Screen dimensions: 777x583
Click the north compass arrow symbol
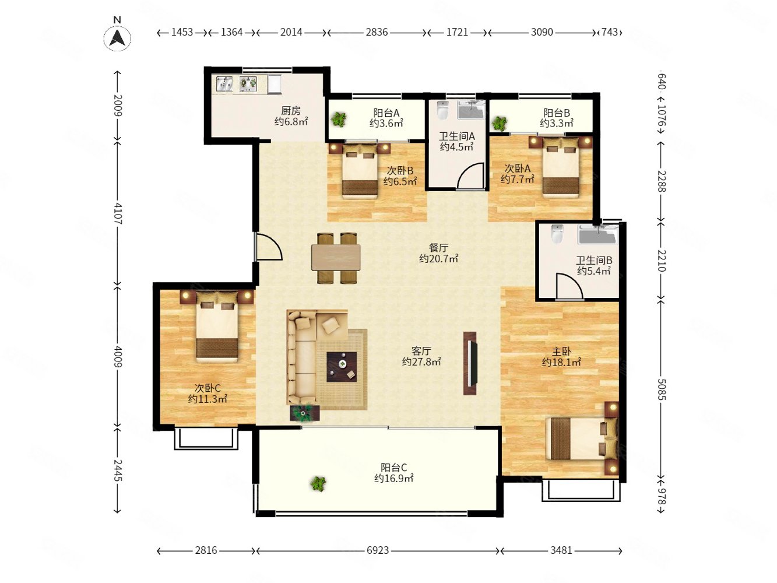tap(117, 38)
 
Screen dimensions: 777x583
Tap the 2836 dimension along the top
tap(377, 32)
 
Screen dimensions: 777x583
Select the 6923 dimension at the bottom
tap(377, 550)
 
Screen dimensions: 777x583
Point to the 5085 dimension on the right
tap(661, 389)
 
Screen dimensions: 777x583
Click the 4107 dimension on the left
tap(118, 213)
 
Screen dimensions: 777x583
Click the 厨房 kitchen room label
tap(291, 111)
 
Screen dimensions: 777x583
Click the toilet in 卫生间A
tap(442, 110)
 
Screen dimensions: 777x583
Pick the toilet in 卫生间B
tap(557, 234)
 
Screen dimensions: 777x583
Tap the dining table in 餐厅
tap(336, 258)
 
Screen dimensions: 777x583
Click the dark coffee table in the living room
tap(341, 366)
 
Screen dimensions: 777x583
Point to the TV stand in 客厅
tap(470, 363)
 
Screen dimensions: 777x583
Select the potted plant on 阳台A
tap(339, 120)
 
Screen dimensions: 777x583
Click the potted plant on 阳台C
tap(318, 483)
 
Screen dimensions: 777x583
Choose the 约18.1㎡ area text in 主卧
tap(561, 362)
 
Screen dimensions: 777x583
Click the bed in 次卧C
tap(217, 326)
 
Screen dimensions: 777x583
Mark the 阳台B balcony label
tap(557, 113)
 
